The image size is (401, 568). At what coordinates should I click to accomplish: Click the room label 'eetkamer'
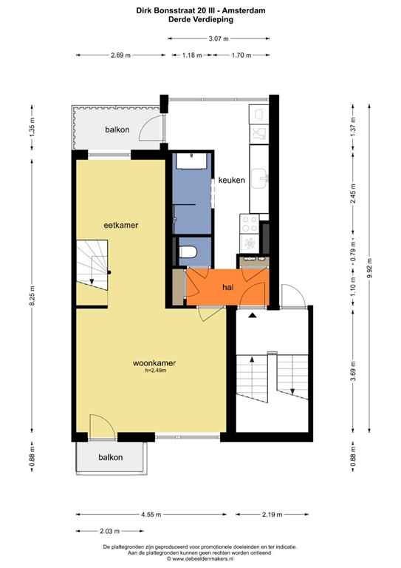pyautogui.click(x=121, y=224)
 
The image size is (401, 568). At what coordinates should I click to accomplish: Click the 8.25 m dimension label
pyautogui.click(x=30, y=294)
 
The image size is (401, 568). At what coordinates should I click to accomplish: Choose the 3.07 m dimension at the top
pyautogui.click(x=216, y=38)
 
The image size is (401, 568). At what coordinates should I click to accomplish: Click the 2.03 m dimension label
pyautogui.click(x=109, y=531)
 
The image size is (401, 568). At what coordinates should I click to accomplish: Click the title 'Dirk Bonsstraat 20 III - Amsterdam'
pyautogui.click(x=200, y=10)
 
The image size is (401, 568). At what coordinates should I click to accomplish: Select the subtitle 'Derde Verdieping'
pyautogui.click(x=200, y=20)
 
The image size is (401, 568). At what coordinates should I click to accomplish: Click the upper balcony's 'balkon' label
pyautogui.click(x=117, y=129)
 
